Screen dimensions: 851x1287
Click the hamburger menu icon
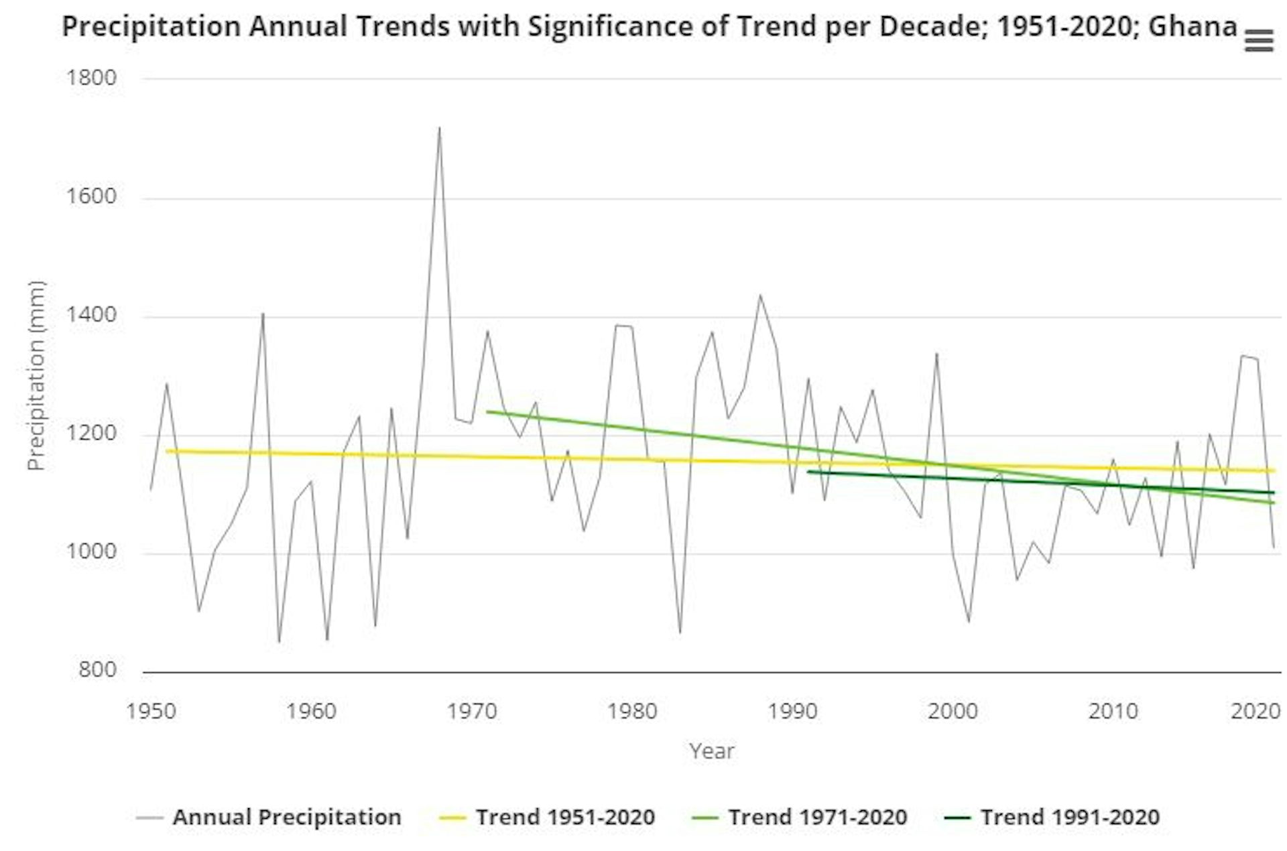point(1258,41)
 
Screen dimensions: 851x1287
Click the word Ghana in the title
point(1192,27)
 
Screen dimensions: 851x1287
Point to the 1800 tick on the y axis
point(91,78)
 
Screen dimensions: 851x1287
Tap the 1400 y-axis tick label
point(91,314)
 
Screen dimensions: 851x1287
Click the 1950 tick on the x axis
point(151,710)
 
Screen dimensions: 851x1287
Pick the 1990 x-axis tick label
point(792,710)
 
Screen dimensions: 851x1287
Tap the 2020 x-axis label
point(1255,710)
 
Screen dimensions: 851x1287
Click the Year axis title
point(711,750)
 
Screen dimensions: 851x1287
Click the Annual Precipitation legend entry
point(286,817)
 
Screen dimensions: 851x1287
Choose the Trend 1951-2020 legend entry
point(564,817)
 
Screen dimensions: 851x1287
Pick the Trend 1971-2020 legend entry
point(817,817)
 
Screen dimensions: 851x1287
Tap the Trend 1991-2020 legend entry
point(1069,817)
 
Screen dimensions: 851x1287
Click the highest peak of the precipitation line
point(439,128)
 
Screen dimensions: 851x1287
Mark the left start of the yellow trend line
point(167,451)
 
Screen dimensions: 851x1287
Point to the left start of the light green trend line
point(487,411)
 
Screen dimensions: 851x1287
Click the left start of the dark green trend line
point(808,472)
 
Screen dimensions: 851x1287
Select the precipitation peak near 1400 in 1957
point(263,314)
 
